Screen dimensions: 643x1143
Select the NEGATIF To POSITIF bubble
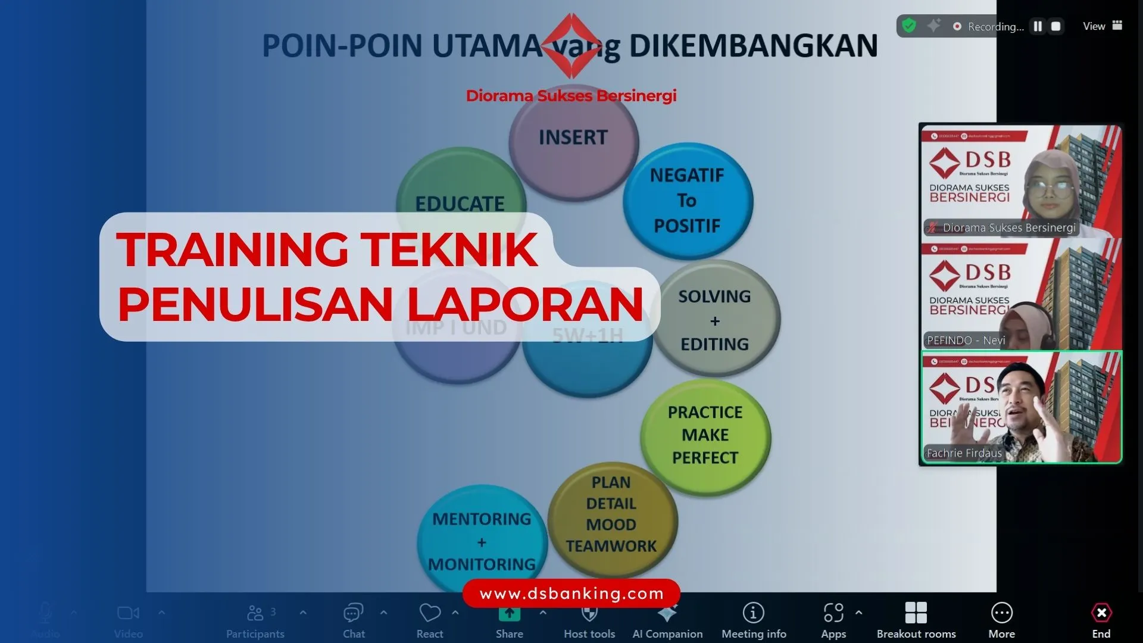(688, 201)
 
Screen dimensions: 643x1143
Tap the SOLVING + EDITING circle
(715, 320)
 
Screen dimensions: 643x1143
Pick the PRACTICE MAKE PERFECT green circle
(705, 435)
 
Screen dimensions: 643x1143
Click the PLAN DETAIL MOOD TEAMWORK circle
(611, 514)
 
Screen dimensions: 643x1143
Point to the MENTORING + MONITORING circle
(482, 541)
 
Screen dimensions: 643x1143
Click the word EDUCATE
(460, 204)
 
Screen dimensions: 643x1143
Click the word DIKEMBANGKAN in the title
(753, 46)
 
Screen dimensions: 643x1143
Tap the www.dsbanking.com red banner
(571, 594)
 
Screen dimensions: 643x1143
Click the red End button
(1101, 619)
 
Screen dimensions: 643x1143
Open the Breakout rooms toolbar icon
(916, 619)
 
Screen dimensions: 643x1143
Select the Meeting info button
(754, 619)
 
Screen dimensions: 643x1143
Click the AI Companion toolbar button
(667, 619)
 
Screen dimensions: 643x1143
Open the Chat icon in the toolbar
(354, 619)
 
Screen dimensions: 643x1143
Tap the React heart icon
(430, 619)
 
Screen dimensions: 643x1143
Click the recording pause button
(1038, 26)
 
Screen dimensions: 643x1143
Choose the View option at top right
(1101, 26)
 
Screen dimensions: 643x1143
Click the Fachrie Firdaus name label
(964, 453)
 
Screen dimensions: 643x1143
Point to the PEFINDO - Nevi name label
(966, 341)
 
